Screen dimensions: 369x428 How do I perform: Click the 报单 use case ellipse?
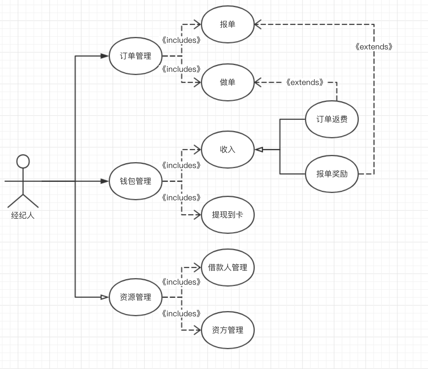(x=227, y=24)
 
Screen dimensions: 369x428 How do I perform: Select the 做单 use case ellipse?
(x=227, y=82)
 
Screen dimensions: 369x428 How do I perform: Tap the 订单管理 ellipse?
(x=135, y=56)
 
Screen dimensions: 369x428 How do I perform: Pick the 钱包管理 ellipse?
(x=135, y=181)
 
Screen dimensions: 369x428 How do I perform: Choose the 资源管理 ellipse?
(x=135, y=297)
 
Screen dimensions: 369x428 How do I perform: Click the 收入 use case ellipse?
(x=227, y=150)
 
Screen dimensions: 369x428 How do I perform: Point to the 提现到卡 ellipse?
(x=227, y=215)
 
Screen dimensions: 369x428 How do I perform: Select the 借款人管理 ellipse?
(x=227, y=268)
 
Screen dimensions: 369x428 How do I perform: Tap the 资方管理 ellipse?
(x=227, y=330)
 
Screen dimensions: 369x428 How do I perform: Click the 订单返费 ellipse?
(x=332, y=119)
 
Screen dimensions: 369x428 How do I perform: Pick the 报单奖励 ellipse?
(x=332, y=174)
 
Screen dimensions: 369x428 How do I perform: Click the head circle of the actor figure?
(x=23, y=161)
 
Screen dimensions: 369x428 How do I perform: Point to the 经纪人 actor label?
(x=23, y=216)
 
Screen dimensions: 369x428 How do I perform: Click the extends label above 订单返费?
(x=305, y=82)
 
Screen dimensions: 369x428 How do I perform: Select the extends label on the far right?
(x=374, y=47)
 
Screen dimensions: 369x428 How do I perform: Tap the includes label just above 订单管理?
(x=181, y=41)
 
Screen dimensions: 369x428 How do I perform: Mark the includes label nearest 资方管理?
(x=181, y=314)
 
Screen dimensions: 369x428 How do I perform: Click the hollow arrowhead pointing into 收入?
(x=259, y=150)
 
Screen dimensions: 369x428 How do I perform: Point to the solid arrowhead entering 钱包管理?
(x=105, y=181)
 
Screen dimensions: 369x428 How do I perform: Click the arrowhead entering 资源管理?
(x=105, y=297)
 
